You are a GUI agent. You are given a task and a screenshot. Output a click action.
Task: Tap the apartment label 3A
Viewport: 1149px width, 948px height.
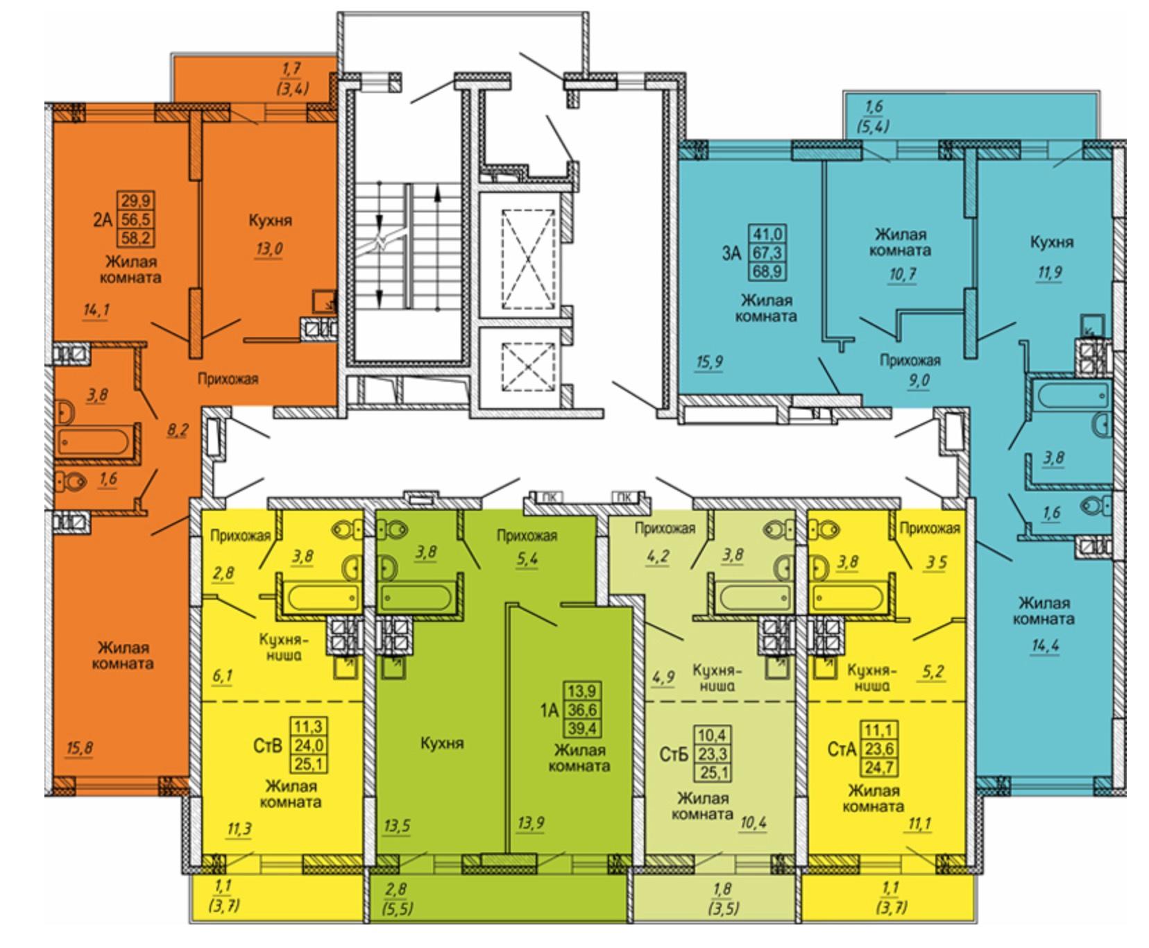pyautogui.click(x=732, y=253)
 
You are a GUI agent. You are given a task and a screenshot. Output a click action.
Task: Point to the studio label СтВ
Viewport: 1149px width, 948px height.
pyautogui.click(x=267, y=746)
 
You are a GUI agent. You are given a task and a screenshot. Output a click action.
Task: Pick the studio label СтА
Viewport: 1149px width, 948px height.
pyautogui.click(x=842, y=750)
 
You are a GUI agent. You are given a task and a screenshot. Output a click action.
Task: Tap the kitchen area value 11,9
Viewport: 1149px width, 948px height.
pyautogui.click(x=1049, y=272)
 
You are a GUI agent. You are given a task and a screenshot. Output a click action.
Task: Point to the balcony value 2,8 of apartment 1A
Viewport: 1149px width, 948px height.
pyautogui.click(x=398, y=889)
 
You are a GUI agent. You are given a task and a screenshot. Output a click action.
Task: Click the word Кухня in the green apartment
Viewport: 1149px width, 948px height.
pyautogui.click(x=442, y=743)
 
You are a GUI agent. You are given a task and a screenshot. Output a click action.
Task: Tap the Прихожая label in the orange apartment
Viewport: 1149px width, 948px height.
pyautogui.click(x=228, y=379)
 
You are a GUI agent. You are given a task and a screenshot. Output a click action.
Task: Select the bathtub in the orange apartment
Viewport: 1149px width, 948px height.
pyautogui.click(x=94, y=441)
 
